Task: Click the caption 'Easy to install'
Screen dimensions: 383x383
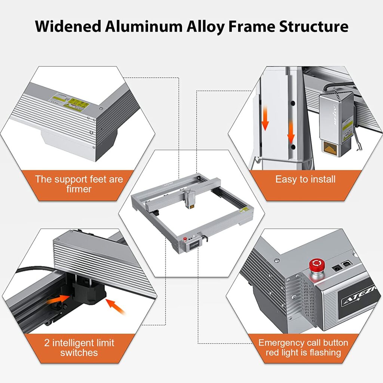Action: coord(305,179)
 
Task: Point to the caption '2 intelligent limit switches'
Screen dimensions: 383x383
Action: coord(79,347)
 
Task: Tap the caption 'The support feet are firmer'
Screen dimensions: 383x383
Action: coord(79,184)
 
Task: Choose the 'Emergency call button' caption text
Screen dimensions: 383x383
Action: coord(303,343)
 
